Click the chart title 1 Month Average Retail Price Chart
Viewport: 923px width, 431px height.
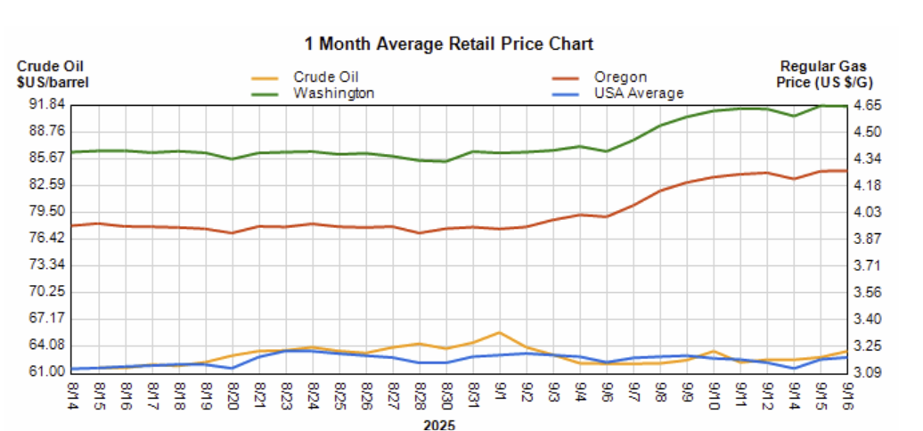pyautogui.click(x=448, y=43)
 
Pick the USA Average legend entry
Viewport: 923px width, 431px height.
pyautogui.click(x=638, y=93)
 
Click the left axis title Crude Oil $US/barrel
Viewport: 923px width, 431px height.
pyautogui.click(x=53, y=74)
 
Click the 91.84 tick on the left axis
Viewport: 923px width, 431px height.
pyautogui.click(x=42, y=105)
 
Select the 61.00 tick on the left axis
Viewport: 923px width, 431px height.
pyautogui.click(x=42, y=371)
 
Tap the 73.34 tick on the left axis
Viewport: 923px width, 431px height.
pyautogui.click(x=42, y=264)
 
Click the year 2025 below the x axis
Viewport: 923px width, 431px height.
pyautogui.click(x=439, y=425)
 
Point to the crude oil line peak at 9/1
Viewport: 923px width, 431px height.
pyautogui.click(x=500, y=332)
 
